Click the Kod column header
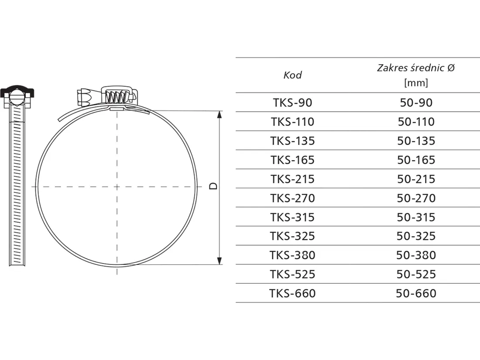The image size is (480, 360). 292,75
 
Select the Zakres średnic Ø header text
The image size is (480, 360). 416,68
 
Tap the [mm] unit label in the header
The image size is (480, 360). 416,82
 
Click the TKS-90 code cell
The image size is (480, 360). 292,103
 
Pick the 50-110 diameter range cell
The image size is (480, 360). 416,122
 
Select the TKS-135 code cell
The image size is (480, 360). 292,141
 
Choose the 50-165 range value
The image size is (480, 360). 416,160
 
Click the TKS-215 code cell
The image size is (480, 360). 292,179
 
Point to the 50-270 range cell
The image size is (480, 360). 416,198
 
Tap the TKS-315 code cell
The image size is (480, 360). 292,217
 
